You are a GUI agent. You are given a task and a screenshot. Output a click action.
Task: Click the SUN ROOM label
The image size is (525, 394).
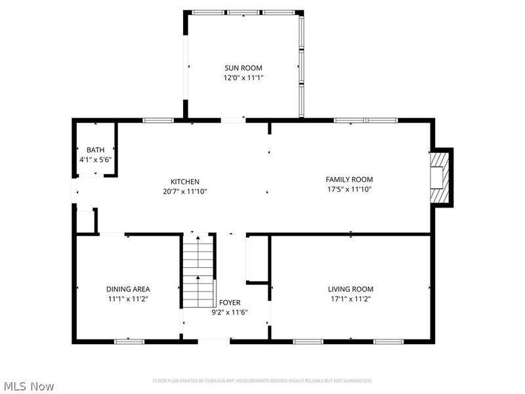(243, 68)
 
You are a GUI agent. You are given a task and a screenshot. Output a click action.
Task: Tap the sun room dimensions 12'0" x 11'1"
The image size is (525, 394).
(243, 77)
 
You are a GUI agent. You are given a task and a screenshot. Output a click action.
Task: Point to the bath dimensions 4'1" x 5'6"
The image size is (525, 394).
(95, 159)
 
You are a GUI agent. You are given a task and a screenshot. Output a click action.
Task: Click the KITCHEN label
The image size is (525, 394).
(185, 181)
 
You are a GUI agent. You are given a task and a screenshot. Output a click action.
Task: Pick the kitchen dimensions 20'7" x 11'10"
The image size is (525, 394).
(185, 191)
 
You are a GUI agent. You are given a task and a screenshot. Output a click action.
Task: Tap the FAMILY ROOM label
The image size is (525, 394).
(349, 179)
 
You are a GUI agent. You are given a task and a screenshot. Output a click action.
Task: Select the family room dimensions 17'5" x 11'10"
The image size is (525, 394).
(349, 189)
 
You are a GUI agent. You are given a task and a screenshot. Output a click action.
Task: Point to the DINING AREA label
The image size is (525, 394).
(128, 289)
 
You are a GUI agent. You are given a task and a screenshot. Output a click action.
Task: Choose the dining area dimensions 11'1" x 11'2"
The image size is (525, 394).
(128, 298)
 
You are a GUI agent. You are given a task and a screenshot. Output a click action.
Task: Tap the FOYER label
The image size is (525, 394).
(229, 303)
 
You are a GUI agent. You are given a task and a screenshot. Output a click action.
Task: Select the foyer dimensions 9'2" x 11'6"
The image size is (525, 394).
(229, 312)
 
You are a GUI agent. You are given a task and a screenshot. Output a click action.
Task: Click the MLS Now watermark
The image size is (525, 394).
(29, 386)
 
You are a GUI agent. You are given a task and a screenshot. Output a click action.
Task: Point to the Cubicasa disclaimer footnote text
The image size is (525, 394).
(262, 381)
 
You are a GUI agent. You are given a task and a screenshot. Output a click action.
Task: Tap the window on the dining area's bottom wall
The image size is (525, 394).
(129, 341)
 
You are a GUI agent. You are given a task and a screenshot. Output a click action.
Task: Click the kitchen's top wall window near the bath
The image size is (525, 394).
(158, 120)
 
